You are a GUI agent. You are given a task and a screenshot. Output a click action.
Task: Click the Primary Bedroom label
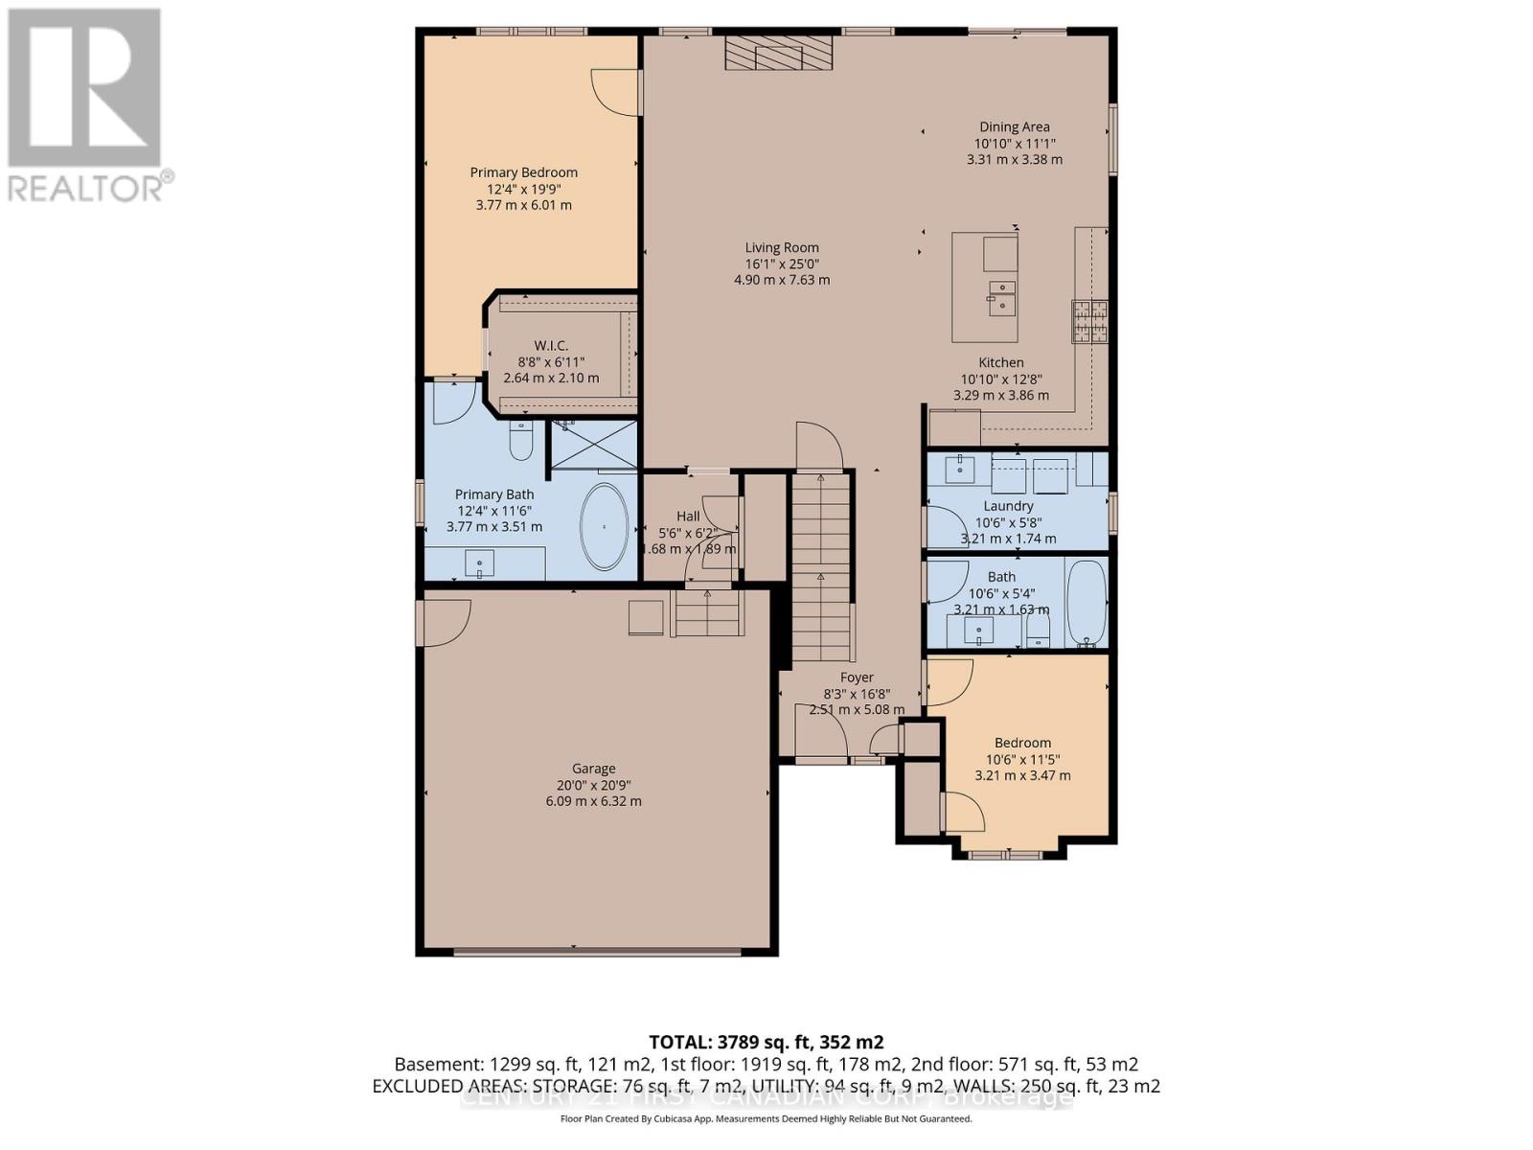[x=523, y=172]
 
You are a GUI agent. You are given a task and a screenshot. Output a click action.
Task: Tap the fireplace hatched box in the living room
[x=777, y=54]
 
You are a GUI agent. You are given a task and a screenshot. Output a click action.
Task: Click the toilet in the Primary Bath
[x=520, y=442]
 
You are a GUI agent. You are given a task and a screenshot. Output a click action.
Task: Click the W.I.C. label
[x=551, y=345]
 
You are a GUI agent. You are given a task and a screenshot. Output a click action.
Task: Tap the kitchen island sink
[x=1002, y=296]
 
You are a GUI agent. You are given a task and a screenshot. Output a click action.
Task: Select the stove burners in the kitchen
[x=1089, y=321]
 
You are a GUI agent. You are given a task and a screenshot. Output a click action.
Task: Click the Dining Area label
[x=1014, y=126]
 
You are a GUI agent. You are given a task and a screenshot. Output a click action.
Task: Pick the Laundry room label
[x=1008, y=506]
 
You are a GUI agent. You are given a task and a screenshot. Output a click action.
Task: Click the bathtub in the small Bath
[x=1086, y=604]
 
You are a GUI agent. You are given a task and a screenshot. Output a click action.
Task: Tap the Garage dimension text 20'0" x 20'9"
[x=593, y=785]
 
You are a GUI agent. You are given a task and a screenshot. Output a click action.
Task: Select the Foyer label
[x=857, y=678]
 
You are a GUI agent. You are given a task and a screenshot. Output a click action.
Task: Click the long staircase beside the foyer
[x=821, y=565]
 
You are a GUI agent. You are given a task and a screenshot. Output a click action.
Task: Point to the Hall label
[x=687, y=516]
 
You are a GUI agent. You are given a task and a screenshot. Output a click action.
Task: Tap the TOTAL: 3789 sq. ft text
[x=766, y=1042]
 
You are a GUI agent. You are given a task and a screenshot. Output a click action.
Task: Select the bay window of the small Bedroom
[x=1007, y=852]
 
